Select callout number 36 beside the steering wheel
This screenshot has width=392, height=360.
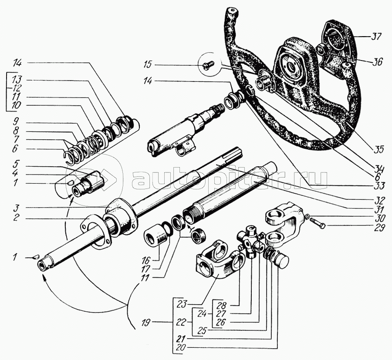point(377,62)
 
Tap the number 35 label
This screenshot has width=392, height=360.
point(378,149)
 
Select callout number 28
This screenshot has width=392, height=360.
point(223,305)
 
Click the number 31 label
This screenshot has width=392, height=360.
point(378,210)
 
